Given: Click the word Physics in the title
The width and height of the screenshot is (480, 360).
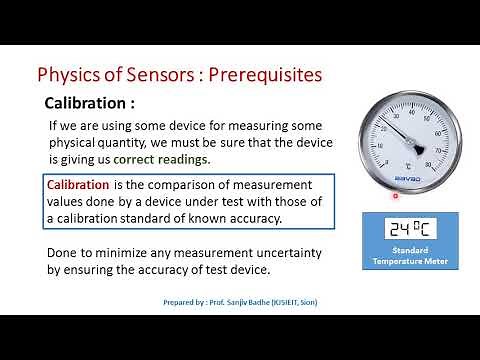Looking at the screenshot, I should point(67,75).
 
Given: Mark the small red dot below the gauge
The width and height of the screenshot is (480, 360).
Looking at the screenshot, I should point(395,196).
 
